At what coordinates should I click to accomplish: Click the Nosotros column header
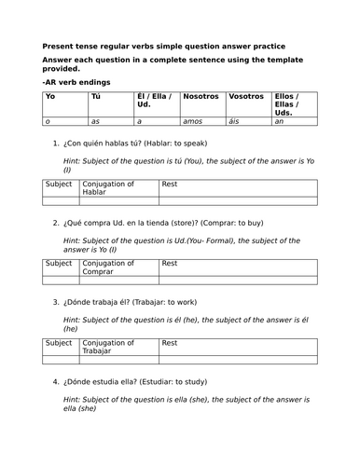click(x=201, y=96)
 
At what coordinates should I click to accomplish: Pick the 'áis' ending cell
click(x=235, y=120)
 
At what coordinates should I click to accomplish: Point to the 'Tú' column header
click(x=95, y=96)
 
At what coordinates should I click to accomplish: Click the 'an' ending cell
click(x=279, y=120)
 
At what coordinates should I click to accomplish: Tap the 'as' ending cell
click(x=94, y=120)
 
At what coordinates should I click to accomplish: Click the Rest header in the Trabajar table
click(x=169, y=343)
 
